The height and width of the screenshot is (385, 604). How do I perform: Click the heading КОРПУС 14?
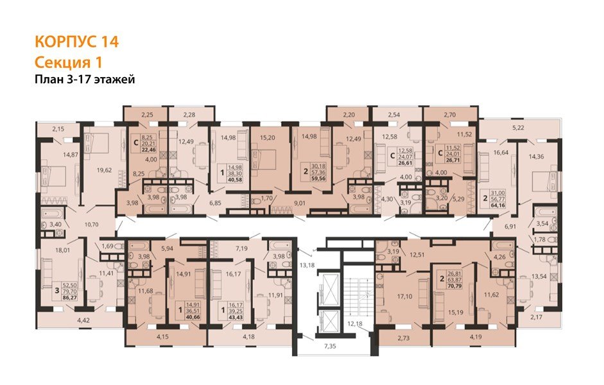pyautogui.click(x=76, y=42)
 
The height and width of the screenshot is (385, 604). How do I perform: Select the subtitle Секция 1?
pyautogui.click(x=67, y=62)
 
